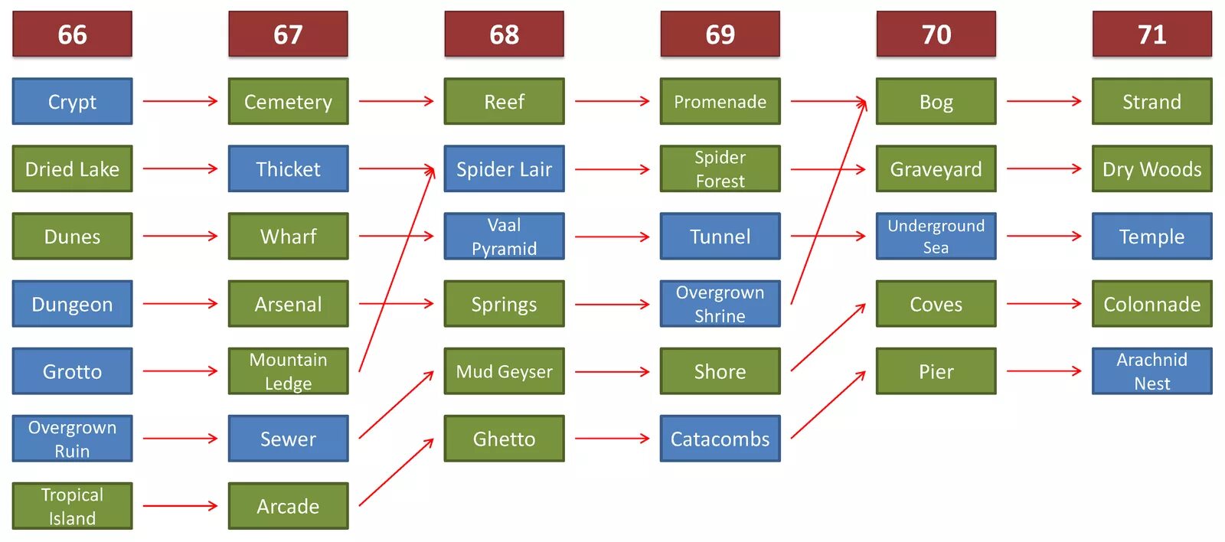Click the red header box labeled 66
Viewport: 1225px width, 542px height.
point(72,34)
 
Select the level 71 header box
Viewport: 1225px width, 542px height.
point(1151,34)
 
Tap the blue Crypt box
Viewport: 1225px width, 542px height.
point(72,101)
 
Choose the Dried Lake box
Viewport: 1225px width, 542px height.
point(72,168)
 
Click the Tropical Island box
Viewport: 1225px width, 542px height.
point(72,506)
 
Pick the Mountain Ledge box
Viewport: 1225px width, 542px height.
point(288,371)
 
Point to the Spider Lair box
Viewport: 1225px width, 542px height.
point(504,168)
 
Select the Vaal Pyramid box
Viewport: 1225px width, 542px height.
point(504,237)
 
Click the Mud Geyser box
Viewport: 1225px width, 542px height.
point(504,371)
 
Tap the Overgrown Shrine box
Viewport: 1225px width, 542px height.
point(720,304)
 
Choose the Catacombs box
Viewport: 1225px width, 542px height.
point(720,439)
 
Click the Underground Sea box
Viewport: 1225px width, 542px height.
point(936,237)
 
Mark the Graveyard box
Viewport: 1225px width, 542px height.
point(936,168)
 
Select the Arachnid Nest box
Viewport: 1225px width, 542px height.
point(1151,371)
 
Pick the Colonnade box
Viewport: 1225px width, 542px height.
point(1151,304)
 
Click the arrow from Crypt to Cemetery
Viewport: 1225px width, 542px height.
point(180,101)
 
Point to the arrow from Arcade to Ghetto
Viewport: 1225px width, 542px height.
point(396,472)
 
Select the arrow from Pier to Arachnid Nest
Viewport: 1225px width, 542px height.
point(1044,371)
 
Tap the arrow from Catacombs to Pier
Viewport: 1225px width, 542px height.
point(828,405)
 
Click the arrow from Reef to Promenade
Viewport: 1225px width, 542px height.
point(612,101)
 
